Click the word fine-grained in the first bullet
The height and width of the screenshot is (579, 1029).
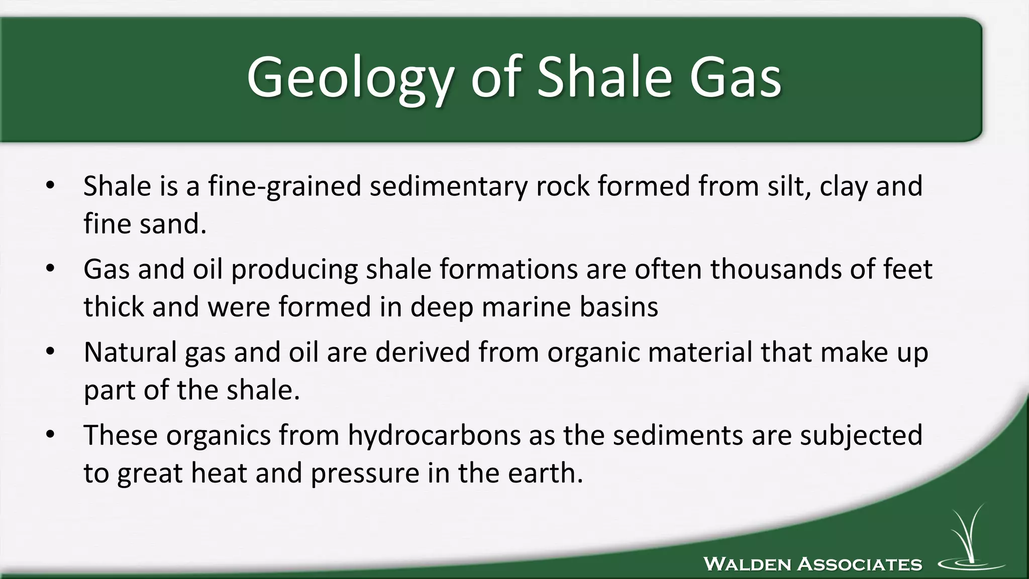coord(284,186)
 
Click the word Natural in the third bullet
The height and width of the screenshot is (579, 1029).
coord(130,352)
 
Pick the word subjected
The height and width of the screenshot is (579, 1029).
coord(861,435)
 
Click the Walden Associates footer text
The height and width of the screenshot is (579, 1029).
coord(812,564)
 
